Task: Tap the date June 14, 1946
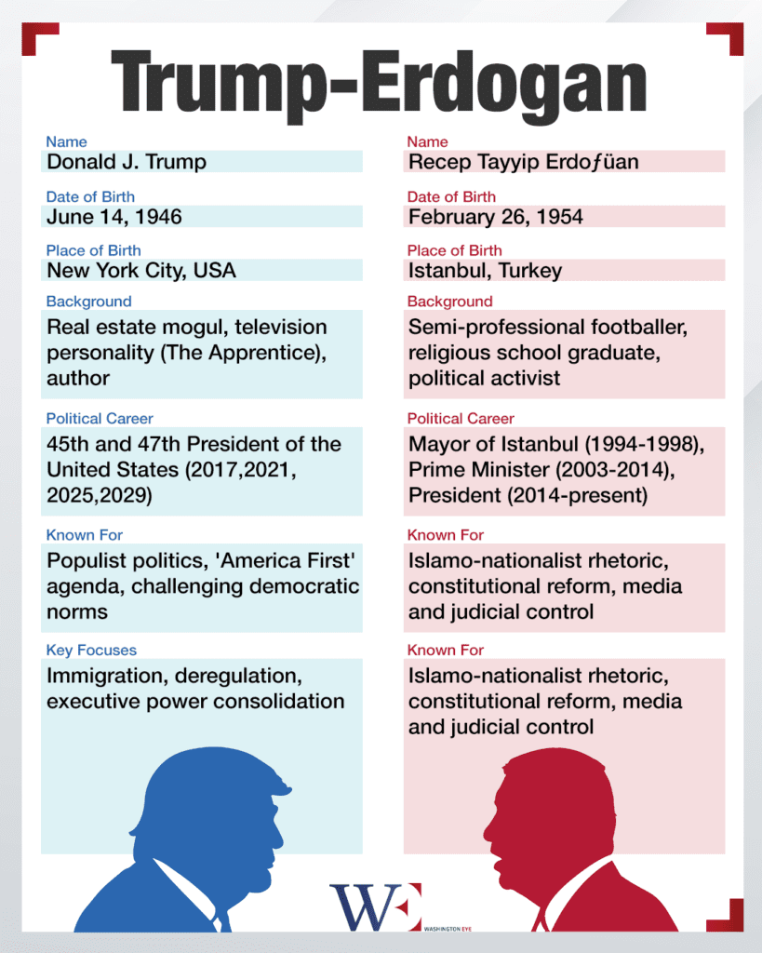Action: click(x=114, y=217)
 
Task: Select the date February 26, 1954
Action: click(x=496, y=217)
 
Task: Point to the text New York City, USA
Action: click(x=141, y=271)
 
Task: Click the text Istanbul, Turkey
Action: click(x=486, y=271)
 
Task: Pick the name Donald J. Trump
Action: click(x=127, y=162)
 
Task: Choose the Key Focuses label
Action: click(x=91, y=650)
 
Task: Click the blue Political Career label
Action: click(x=100, y=418)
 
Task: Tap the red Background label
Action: click(x=450, y=302)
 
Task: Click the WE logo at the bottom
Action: click(x=375, y=907)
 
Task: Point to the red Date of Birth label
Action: click(x=451, y=196)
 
